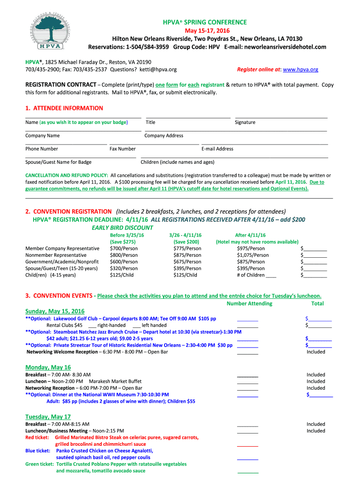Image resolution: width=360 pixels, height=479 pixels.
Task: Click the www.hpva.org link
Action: click(x=301, y=69)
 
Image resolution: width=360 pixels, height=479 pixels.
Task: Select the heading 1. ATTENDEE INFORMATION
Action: click(x=64, y=108)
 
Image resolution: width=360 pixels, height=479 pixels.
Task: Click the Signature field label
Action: click(x=245, y=123)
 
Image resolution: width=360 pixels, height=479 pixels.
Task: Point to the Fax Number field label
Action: click(x=122, y=149)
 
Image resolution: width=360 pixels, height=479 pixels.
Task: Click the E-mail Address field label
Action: click(x=217, y=149)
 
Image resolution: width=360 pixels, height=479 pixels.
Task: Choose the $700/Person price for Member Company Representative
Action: click(x=123, y=248)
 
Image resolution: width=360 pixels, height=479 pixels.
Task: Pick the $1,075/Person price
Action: click(x=253, y=255)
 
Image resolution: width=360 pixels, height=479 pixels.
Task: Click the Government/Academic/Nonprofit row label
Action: click(x=62, y=262)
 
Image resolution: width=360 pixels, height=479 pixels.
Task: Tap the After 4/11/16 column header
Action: click(x=250, y=235)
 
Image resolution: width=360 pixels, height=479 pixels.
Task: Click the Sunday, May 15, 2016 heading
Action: click(x=55, y=311)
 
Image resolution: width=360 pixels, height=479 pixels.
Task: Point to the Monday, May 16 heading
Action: click(x=48, y=367)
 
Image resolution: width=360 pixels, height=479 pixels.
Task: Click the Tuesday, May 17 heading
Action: click(x=48, y=417)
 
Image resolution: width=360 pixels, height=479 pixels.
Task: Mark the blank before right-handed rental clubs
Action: click(x=92, y=325)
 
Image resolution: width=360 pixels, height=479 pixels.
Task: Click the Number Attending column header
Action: click(x=249, y=304)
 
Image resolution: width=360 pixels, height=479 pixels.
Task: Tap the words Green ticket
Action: click(x=39, y=464)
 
